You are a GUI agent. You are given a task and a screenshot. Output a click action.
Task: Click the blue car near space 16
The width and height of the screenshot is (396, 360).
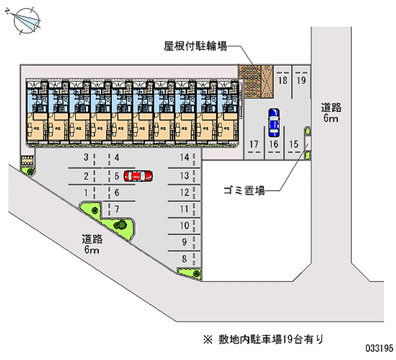pyautogui.click(x=273, y=122)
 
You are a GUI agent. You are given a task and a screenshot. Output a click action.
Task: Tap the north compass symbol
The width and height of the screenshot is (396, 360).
pyautogui.click(x=25, y=19)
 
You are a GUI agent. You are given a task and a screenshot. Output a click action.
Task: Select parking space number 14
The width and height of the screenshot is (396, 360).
pyautogui.click(x=185, y=158)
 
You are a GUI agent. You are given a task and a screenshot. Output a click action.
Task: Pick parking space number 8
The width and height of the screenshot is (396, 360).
pyautogui.click(x=184, y=258)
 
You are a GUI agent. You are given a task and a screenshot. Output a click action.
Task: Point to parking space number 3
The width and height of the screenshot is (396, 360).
pyautogui.click(x=86, y=158)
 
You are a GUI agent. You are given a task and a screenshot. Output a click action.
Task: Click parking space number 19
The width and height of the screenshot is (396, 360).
pyautogui.click(x=301, y=80)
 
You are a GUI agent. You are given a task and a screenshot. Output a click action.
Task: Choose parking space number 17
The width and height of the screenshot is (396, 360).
pyautogui.click(x=254, y=144)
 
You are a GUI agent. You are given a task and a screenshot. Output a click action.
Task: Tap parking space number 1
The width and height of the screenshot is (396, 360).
pyautogui.click(x=86, y=192)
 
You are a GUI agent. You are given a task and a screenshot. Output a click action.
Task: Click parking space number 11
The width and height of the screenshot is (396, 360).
pyautogui.click(x=184, y=208)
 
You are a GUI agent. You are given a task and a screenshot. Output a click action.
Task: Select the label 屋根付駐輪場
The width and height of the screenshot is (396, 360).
pyautogui.click(x=196, y=47)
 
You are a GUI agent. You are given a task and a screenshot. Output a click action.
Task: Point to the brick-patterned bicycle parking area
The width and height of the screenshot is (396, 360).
pyautogui.click(x=249, y=80)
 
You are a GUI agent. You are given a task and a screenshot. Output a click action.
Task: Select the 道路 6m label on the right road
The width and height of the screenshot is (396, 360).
pyautogui.click(x=331, y=113)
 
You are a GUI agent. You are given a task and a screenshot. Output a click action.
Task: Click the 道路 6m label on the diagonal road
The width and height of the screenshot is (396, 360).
pyautogui.click(x=93, y=245)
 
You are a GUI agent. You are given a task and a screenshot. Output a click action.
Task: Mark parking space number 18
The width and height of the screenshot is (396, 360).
pyautogui.click(x=283, y=80)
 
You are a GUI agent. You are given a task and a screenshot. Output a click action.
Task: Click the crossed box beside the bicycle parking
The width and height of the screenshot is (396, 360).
pyautogui.click(x=267, y=80)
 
